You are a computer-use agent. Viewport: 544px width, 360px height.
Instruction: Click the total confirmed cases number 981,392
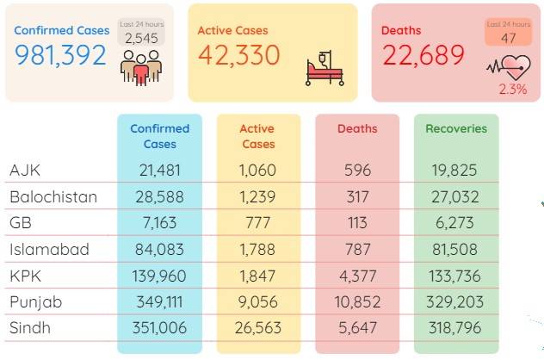[x=60, y=55]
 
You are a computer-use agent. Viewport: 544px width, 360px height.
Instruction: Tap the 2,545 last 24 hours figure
[x=141, y=38]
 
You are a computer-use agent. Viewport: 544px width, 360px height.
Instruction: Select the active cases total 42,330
[x=239, y=55]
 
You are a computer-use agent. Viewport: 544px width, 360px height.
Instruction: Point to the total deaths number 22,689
[x=423, y=55]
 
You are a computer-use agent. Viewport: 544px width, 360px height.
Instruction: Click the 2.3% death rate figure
[x=513, y=90]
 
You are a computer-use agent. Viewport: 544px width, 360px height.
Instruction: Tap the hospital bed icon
[x=325, y=68]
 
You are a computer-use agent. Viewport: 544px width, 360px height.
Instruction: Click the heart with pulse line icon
[x=509, y=67]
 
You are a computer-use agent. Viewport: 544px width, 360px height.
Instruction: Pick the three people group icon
[x=141, y=68]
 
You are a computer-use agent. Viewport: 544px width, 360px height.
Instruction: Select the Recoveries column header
[x=456, y=129]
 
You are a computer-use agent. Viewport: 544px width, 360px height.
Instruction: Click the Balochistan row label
[x=53, y=197]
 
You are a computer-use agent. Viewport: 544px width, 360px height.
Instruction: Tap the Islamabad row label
[x=49, y=249]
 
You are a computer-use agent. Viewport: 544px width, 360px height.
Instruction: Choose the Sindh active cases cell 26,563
[x=257, y=328]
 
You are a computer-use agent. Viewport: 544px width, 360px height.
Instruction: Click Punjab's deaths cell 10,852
[x=357, y=301]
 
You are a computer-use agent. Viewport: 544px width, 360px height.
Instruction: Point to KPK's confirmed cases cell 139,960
[x=159, y=276]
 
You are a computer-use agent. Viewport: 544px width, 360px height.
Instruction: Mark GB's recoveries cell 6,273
[x=454, y=222]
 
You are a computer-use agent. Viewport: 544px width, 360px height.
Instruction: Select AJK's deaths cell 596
[x=357, y=171]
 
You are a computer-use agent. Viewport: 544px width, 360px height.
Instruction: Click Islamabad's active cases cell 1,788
[x=257, y=249]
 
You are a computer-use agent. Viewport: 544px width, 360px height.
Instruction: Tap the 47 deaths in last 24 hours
[x=508, y=38]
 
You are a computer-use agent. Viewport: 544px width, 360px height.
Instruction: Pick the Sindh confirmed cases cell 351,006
[x=159, y=328]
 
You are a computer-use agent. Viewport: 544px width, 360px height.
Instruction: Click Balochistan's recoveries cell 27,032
[x=455, y=197]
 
